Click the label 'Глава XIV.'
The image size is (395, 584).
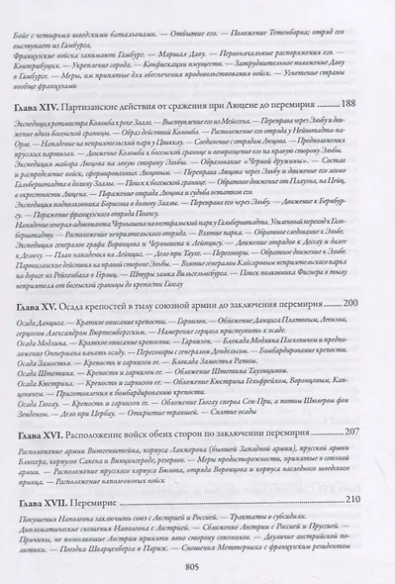(x=66, y=104)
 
